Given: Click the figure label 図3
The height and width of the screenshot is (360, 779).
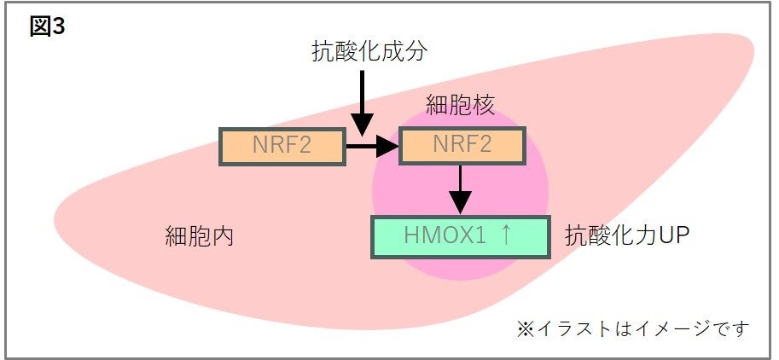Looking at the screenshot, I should pos(47,26).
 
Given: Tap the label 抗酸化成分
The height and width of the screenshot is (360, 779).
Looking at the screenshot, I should pos(368,52).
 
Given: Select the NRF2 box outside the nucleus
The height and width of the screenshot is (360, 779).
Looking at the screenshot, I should pos(282,146).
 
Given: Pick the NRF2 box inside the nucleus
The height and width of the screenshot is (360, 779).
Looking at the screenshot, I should pos(462,146).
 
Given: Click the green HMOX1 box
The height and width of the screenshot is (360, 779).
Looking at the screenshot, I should pos(460,237).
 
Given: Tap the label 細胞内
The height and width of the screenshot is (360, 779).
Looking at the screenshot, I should pos(199,236).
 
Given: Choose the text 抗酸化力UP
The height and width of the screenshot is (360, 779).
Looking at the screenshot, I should pos(626,236).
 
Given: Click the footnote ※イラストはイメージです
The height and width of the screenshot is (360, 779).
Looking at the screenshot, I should pos(632,328).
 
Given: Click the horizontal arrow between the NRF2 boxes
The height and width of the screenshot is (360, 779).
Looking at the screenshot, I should pos(372,148).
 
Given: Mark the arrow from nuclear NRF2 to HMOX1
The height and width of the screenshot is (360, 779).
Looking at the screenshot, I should pos(460,189).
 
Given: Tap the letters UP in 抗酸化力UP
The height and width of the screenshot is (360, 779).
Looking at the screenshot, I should pos(673,236).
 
